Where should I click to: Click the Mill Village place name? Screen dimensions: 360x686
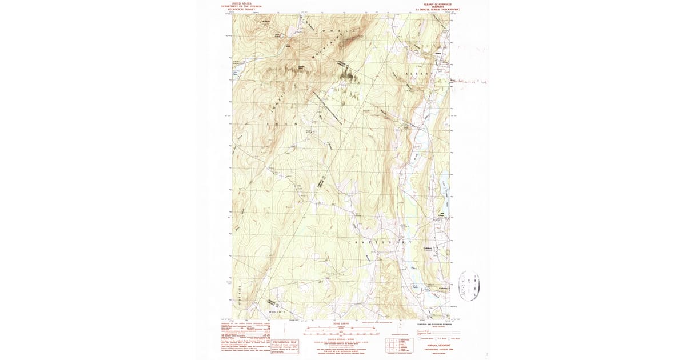click(x=441, y=215)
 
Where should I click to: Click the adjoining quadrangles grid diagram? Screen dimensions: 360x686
click(x=391, y=345)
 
